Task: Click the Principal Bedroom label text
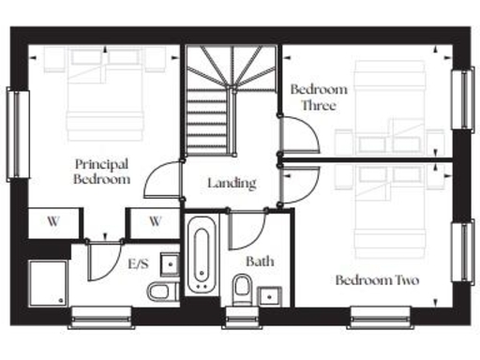tap(102, 172)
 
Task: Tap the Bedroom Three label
tap(318, 97)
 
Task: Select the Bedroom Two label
tap(377, 280)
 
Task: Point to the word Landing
tap(232, 183)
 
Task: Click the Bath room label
tap(260, 261)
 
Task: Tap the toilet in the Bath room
tap(242, 286)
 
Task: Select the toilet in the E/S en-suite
tap(164, 291)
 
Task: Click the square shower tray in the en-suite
tap(47, 281)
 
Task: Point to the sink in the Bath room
tap(274, 297)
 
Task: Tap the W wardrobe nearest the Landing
tap(155, 222)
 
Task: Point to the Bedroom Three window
tap(462, 97)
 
